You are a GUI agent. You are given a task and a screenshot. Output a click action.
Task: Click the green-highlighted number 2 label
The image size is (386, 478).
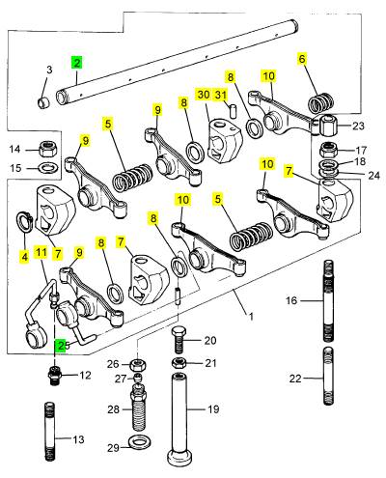[x=77, y=63]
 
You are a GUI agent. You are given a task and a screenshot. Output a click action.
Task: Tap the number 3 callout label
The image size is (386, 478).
[x=49, y=70]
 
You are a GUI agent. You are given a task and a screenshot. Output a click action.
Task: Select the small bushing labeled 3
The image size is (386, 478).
[x=43, y=102]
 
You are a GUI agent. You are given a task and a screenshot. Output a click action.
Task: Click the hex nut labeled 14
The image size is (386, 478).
[x=47, y=149]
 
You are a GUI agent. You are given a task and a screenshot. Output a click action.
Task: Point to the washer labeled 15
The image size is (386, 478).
[x=48, y=168]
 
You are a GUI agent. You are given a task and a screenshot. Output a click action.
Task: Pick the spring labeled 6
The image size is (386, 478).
[x=320, y=103]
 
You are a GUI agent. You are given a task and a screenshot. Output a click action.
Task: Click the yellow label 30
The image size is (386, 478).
[x=204, y=95]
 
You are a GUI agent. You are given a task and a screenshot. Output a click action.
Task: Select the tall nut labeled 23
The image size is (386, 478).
[x=327, y=126]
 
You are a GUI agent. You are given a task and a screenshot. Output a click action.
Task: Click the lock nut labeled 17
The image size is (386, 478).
[x=329, y=150]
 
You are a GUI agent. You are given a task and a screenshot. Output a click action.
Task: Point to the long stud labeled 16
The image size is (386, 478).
[x=328, y=300]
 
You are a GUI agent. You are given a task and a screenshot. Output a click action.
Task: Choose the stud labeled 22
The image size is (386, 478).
[x=328, y=376]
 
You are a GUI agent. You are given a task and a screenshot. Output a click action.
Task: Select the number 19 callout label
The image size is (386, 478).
[x=213, y=409]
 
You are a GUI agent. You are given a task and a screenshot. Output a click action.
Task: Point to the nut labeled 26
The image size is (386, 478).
[x=138, y=365]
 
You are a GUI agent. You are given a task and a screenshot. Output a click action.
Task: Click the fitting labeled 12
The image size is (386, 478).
[x=55, y=375]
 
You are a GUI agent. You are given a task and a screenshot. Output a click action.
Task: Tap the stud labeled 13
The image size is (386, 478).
[x=49, y=432]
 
